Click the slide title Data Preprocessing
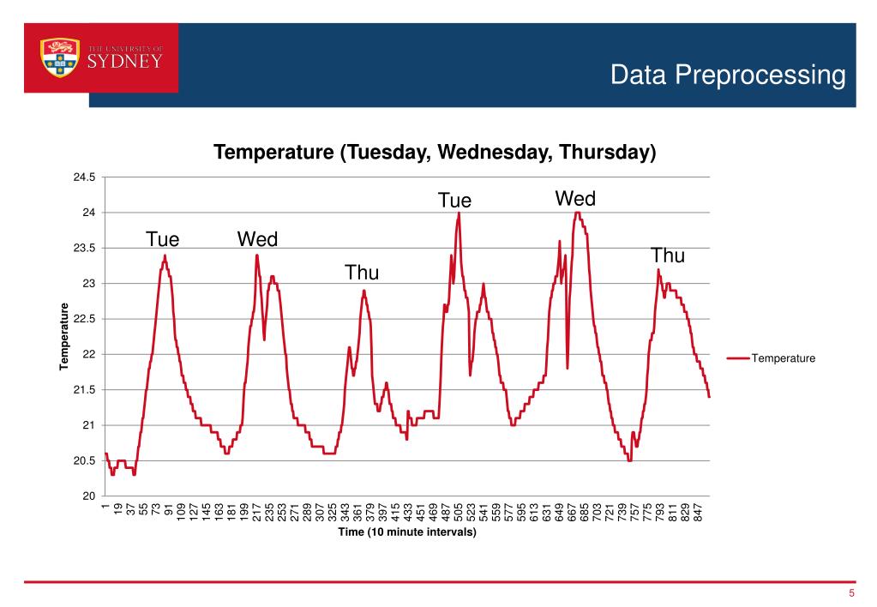coord(728,75)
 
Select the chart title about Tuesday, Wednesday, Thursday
coord(435,153)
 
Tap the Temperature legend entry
coord(783,358)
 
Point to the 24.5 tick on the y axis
coord(84,177)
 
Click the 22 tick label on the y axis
coord(89,354)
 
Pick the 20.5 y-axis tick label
coord(84,460)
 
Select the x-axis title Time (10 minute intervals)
coord(406,532)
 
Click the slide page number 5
coord(851,594)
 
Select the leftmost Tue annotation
coord(162,238)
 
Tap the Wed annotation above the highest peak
coord(575,199)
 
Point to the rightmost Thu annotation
coord(668,255)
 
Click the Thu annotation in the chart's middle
coord(362,273)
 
